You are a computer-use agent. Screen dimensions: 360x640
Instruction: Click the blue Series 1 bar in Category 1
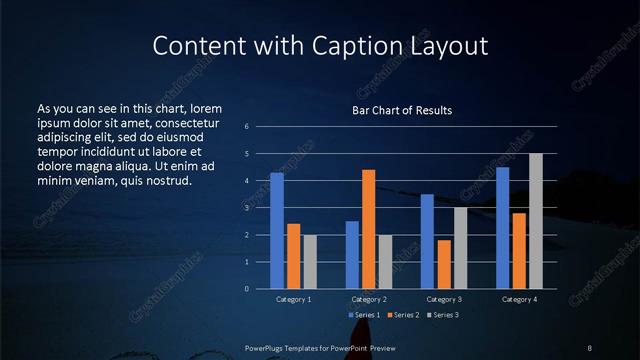click(x=276, y=231)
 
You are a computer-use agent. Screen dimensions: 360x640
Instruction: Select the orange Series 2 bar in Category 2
click(x=369, y=229)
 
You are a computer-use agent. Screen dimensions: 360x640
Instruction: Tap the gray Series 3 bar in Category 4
click(x=536, y=221)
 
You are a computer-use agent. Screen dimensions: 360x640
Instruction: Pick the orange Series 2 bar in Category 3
click(x=444, y=264)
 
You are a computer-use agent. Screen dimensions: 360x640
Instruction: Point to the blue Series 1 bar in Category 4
click(x=502, y=228)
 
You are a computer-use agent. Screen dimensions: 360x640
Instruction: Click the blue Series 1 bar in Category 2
click(x=352, y=255)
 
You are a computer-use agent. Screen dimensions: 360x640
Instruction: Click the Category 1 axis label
click(x=293, y=299)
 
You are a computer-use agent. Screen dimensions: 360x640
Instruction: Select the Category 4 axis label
click(x=519, y=299)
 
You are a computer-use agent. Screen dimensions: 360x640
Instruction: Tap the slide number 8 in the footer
click(x=589, y=347)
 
